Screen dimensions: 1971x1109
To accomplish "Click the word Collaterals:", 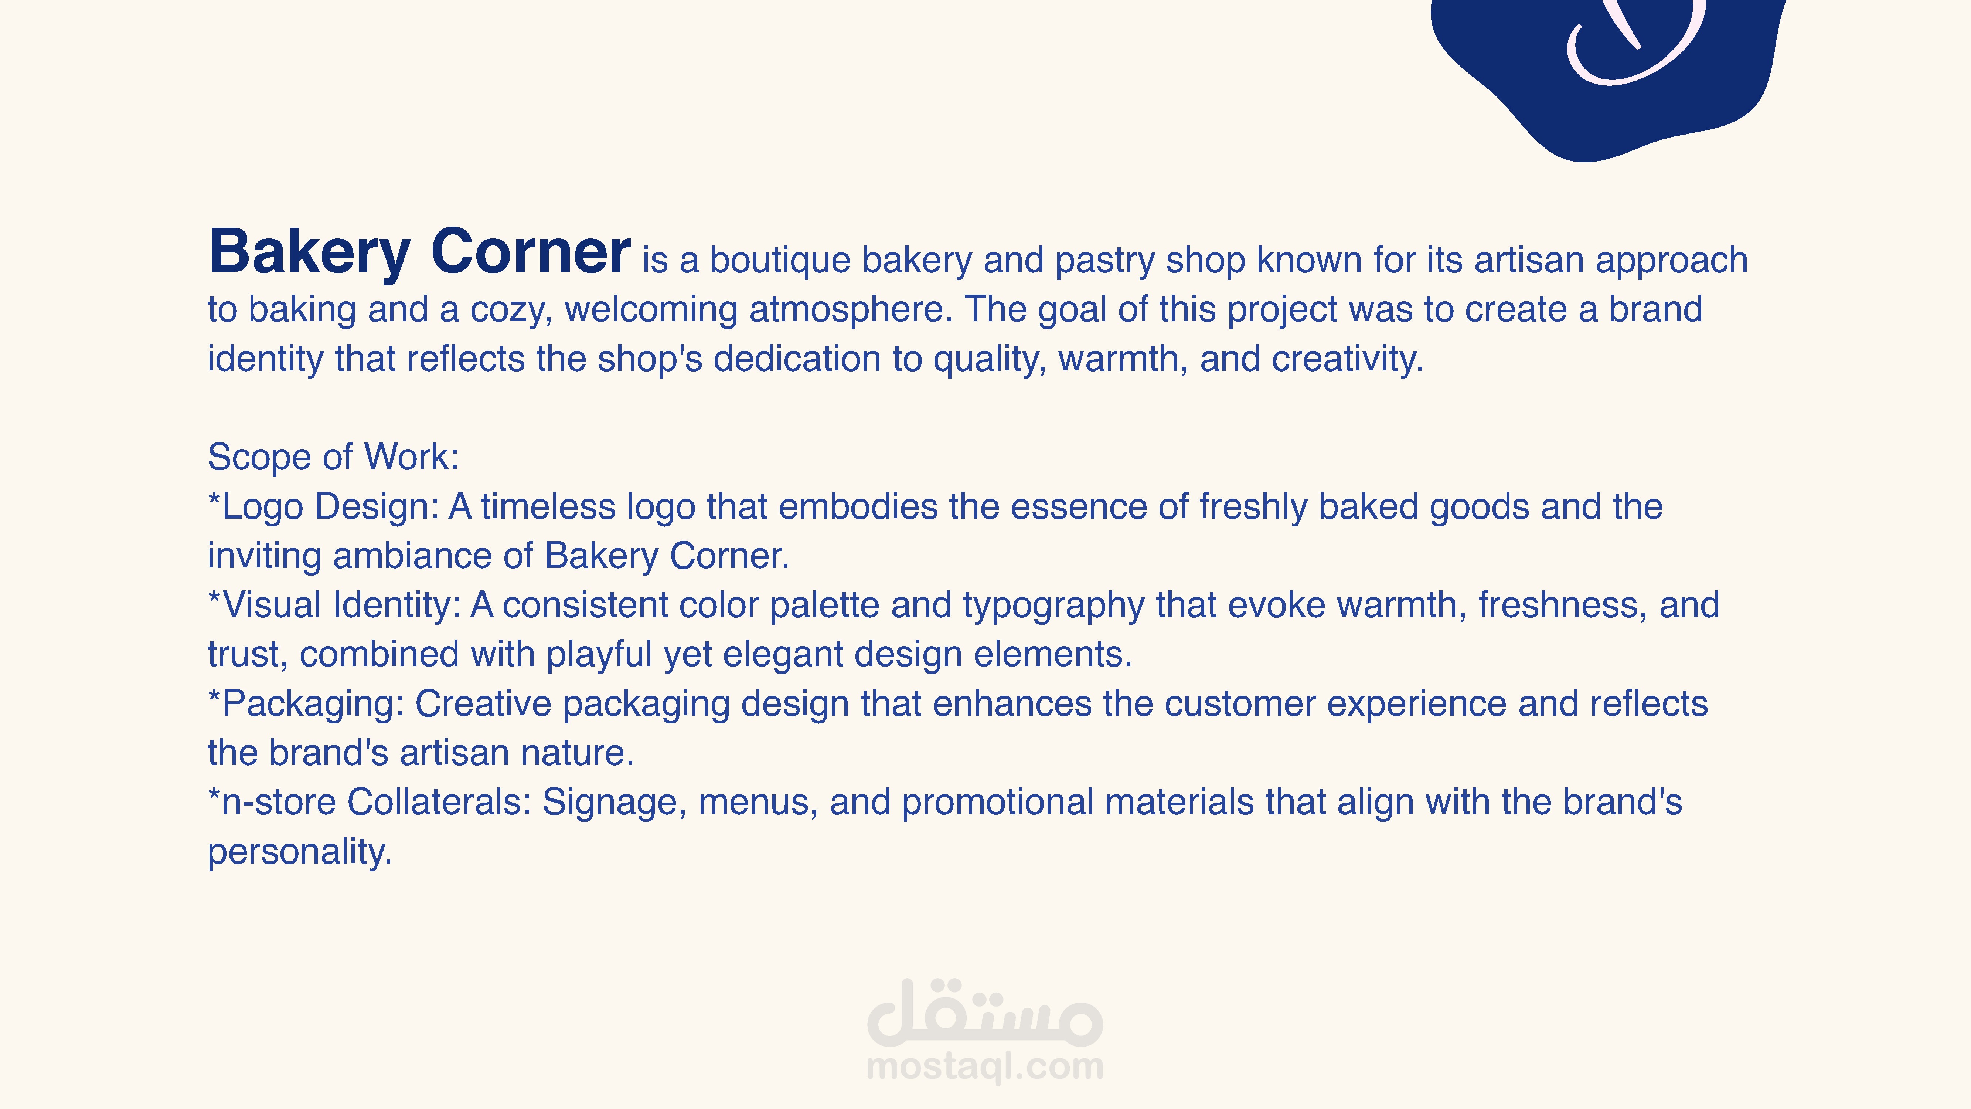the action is [439, 803].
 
